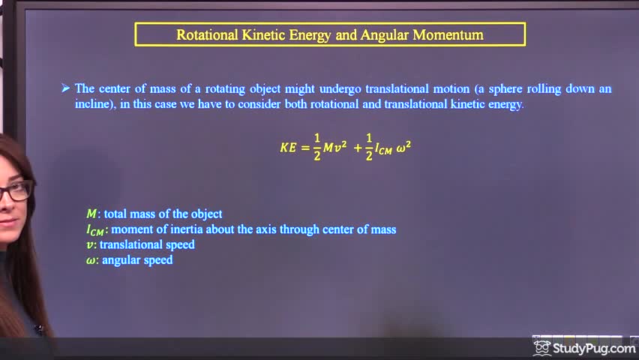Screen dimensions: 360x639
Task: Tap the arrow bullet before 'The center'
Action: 65,88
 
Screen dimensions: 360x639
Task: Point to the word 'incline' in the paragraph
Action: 93,104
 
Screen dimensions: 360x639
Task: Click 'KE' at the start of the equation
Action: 289,148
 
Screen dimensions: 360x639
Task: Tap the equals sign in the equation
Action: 305,148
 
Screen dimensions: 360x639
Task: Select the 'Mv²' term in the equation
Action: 335,148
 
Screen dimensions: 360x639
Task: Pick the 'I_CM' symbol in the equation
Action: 383,148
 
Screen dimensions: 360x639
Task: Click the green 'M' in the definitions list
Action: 91,214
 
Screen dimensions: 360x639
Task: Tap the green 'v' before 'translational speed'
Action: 90,244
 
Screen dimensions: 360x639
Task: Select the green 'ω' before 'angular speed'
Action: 91,260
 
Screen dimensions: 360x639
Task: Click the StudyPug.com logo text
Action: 594,348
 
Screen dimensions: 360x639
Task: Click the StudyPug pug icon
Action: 542,347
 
